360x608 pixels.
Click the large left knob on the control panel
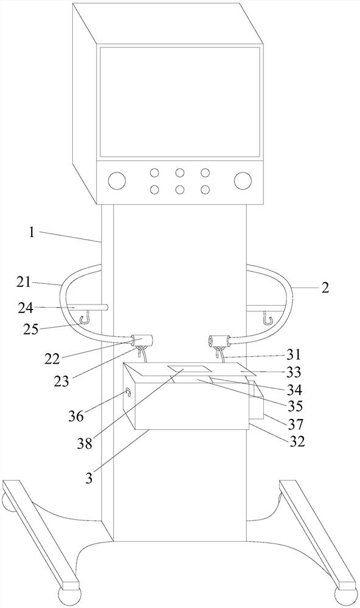coord(117,181)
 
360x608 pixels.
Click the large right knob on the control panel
coord(243,181)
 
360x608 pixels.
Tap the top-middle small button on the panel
coord(179,173)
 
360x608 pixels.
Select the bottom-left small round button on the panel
coord(154,190)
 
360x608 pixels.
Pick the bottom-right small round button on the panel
coord(205,190)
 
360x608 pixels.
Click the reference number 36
coord(75,416)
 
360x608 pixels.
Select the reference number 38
coord(85,443)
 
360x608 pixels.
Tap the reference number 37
coord(295,424)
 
